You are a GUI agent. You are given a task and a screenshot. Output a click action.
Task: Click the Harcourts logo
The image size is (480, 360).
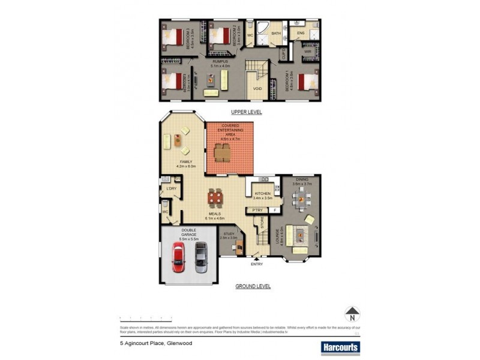(340, 347)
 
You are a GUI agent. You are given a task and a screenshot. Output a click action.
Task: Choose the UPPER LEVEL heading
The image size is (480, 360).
(247, 112)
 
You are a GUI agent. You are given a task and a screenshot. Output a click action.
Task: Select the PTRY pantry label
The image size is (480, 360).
(258, 210)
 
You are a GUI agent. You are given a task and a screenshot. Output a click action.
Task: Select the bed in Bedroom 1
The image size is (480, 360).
(307, 81)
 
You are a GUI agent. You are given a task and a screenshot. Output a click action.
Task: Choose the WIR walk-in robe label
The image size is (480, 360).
(307, 52)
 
